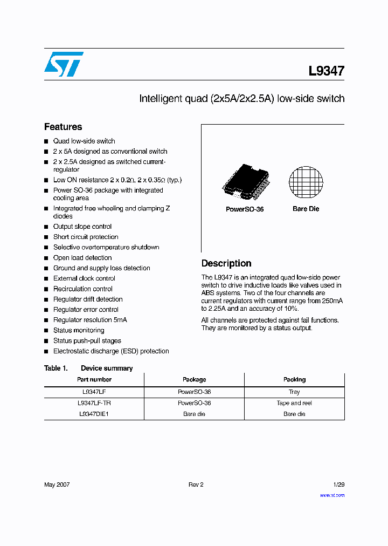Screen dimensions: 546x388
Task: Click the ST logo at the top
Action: (x=64, y=64)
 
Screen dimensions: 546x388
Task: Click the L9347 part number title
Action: (x=326, y=71)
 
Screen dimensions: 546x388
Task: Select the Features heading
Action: (x=63, y=127)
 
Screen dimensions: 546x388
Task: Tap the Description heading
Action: (x=226, y=263)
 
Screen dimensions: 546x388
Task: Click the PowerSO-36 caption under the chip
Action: (x=245, y=209)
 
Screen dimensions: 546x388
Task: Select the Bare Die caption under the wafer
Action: (x=306, y=209)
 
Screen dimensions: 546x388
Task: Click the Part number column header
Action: (x=94, y=379)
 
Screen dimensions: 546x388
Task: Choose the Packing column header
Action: (x=294, y=379)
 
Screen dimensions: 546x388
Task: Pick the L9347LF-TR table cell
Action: (x=94, y=403)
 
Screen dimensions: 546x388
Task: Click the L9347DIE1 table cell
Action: (x=94, y=414)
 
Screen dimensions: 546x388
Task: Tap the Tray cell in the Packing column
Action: (x=294, y=392)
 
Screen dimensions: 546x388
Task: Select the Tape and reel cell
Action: (x=294, y=403)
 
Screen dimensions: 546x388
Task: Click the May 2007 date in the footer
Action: (x=57, y=484)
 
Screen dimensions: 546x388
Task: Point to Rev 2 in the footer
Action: (x=196, y=484)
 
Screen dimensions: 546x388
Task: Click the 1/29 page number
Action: (x=338, y=484)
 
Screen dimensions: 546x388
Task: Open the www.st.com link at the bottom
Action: (x=332, y=495)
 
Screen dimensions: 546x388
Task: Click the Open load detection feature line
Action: (x=82, y=258)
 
